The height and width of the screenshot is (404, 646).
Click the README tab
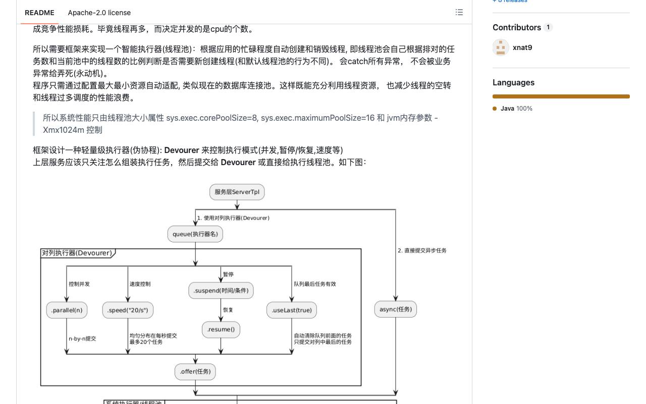(39, 13)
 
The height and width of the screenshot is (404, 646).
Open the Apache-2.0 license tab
(99, 13)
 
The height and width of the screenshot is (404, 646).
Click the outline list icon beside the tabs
(459, 13)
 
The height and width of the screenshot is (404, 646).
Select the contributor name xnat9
(522, 47)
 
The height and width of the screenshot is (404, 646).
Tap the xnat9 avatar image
(501, 47)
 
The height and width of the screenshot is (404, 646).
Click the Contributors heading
(516, 27)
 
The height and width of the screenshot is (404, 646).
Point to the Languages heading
(513, 82)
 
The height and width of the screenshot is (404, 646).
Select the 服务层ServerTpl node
(237, 192)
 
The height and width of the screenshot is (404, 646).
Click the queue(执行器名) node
(195, 234)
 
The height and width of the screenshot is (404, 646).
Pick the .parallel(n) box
(67, 310)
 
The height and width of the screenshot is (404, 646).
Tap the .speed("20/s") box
(128, 310)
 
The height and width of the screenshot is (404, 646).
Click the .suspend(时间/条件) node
(221, 290)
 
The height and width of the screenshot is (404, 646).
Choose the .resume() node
(221, 330)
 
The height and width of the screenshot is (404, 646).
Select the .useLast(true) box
(292, 310)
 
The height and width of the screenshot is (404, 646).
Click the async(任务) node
(396, 310)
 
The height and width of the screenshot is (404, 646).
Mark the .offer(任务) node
(195, 372)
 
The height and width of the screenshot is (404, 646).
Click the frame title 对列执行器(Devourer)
(77, 253)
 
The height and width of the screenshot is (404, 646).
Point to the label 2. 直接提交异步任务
(422, 250)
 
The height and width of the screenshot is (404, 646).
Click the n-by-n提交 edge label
(82, 338)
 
